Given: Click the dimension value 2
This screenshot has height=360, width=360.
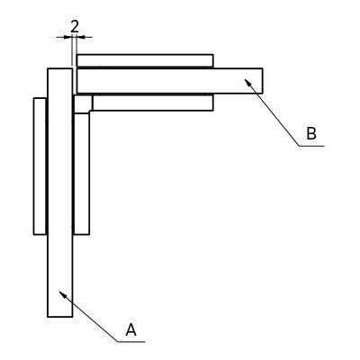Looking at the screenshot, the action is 75,27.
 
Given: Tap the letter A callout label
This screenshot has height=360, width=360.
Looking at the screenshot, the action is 130,329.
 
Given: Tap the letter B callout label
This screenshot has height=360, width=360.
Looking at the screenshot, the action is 311,133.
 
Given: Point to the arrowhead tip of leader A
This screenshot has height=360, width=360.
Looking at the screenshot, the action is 59,291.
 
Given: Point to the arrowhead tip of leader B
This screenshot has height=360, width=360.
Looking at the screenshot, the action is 245,79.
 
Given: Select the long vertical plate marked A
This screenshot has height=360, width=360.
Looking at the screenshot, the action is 60,193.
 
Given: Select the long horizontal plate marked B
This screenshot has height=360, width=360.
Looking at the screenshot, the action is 170,81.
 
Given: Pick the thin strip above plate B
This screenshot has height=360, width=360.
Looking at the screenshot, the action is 145,60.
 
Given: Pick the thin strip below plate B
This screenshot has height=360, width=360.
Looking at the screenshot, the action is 153,103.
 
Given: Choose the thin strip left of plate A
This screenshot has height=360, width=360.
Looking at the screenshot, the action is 40,166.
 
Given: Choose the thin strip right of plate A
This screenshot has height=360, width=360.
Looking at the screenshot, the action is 81,174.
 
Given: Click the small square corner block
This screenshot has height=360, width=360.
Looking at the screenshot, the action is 83,103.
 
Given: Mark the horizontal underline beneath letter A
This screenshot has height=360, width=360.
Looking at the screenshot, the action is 131,341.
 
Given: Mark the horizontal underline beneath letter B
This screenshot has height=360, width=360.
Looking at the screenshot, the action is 311,146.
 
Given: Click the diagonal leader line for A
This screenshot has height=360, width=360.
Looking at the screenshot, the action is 88,316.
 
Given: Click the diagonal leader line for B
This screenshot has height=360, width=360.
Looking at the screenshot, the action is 272,112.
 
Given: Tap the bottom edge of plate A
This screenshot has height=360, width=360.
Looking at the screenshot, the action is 60,317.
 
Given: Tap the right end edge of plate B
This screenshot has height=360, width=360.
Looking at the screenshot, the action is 263,81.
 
